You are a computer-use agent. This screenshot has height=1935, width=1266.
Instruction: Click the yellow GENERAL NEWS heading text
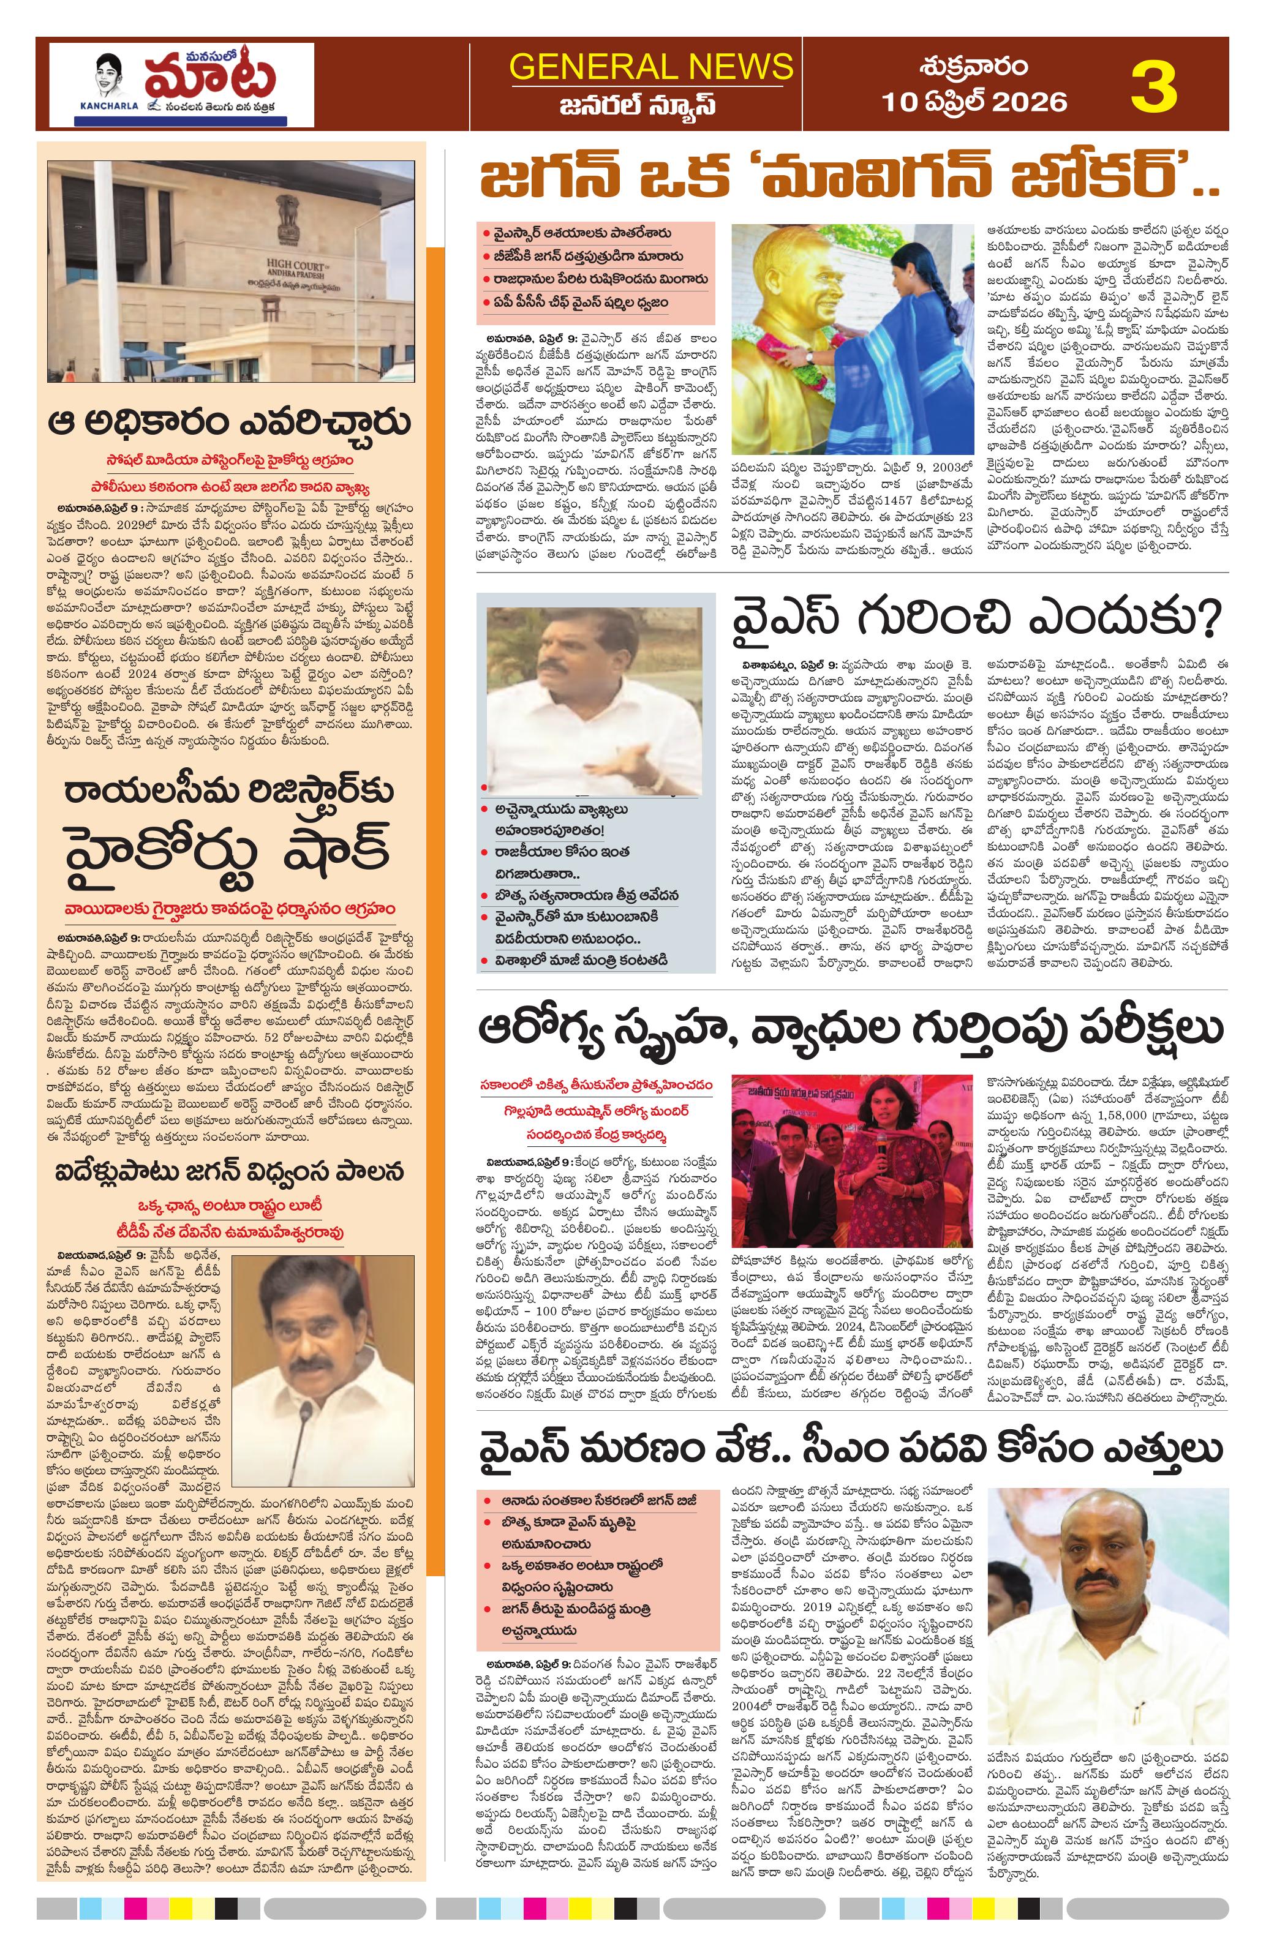pyautogui.click(x=650, y=66)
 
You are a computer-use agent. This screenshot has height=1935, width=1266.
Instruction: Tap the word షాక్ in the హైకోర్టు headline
pyautogui.click(x=327, y=849)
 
